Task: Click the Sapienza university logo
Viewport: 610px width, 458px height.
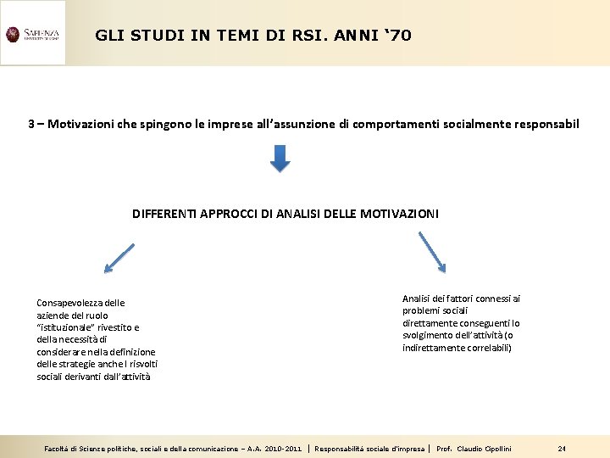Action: click(x=33, y=34)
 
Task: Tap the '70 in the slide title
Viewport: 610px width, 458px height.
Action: click(x=397, y=36)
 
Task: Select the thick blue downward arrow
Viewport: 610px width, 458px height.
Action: click(x=280, y=157)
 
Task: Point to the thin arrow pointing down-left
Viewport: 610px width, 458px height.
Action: click(x=119, y=258)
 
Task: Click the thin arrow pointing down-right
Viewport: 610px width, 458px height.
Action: click(x=432, y=253)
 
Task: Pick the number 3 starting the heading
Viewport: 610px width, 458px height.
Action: click(x=31, y=124)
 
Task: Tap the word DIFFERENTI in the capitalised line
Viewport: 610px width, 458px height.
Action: click(x=164, y=215)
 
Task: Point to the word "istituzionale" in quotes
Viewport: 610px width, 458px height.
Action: click(x=68, y=327)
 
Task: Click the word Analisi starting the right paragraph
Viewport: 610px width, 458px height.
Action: click(x=417, y=299)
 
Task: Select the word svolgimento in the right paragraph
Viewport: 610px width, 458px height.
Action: click(x=427, y=335)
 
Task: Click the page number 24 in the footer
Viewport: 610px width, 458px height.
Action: click(x=562, y=448)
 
